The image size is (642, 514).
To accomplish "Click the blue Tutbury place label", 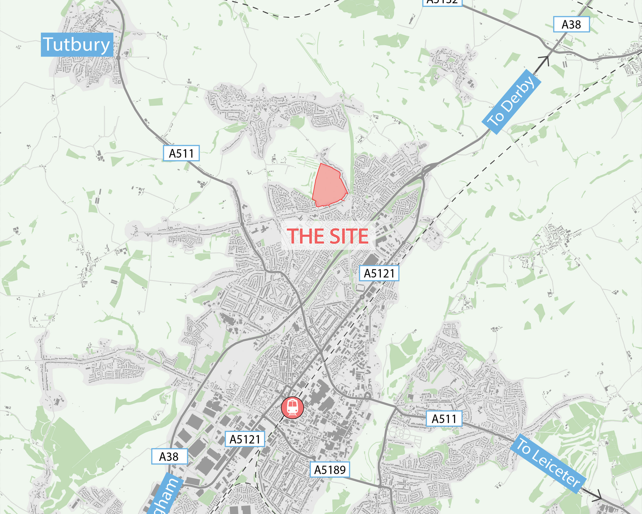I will coord(77,45).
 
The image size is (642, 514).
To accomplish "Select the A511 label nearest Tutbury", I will coord(181,153).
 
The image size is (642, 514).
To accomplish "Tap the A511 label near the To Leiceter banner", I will coord(444,419).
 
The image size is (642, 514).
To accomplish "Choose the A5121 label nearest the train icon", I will coord(245,439).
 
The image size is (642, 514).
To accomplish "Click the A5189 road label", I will coord(330,470).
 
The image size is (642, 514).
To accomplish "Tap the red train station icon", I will coord(293,408).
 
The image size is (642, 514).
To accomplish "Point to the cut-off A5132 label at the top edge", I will coord(442,2).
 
